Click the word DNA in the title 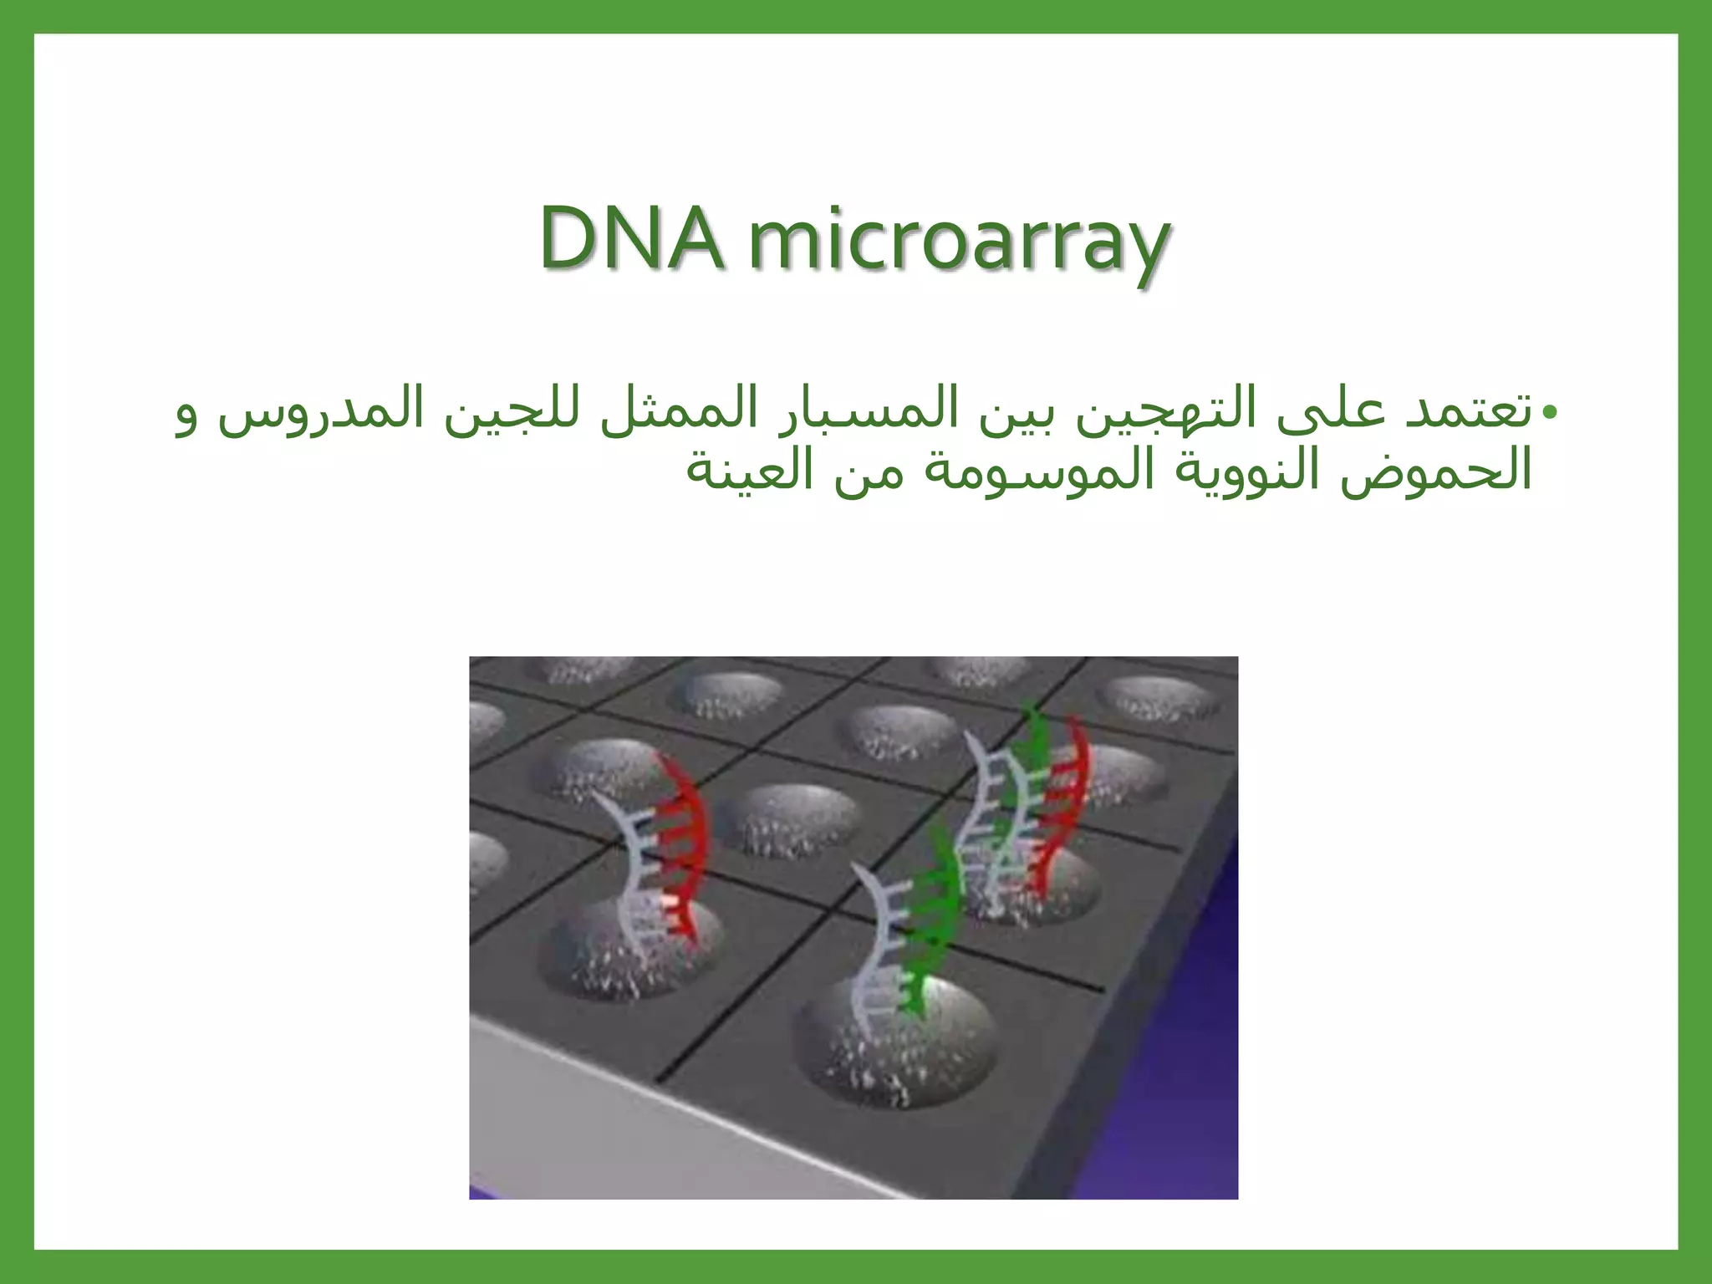pyautogui.click(x=631, y=238)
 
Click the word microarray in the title pyautogui.click(x=959, y=242)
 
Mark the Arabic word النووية pyautogui.click(x=1246, y=470)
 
